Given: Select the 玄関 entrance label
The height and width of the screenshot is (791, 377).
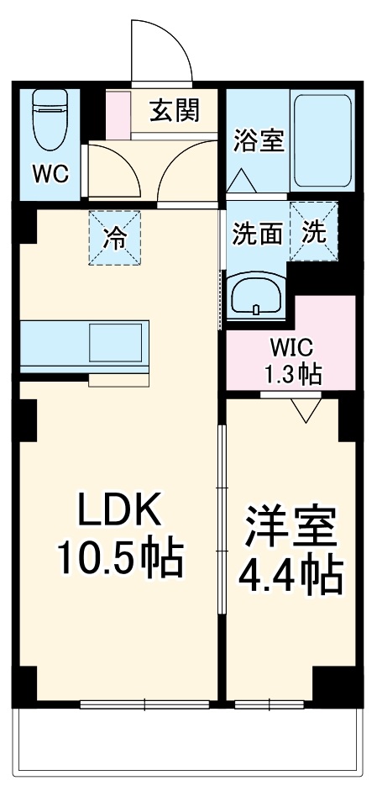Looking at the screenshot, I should (x=174, y=110).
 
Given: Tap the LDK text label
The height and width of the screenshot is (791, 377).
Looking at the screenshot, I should (x=118, y=509).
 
